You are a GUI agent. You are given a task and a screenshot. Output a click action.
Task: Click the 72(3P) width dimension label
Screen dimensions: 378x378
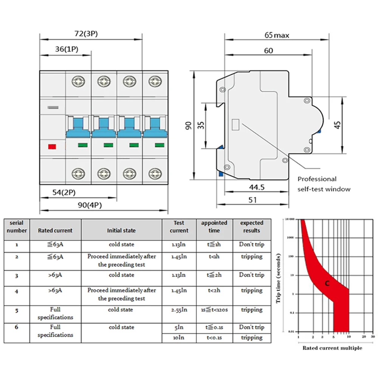point(86,34)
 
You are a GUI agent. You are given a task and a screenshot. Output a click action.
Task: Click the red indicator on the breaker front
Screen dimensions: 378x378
point(53,146)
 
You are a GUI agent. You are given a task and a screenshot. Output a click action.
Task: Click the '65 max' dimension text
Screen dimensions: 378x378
point(277,36)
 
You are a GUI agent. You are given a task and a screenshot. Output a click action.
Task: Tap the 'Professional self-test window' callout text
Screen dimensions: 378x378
point(324,184)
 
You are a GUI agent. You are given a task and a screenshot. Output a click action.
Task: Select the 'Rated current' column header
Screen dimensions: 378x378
point(55,230)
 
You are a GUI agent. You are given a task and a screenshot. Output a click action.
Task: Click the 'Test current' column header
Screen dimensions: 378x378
point(179,227)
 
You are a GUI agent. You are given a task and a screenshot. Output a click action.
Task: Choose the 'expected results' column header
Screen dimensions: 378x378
point(251,227)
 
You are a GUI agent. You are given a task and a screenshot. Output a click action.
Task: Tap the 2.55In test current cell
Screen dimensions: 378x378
point(179,310)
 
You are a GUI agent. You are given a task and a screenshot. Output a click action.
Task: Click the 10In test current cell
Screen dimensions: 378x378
point(179,338)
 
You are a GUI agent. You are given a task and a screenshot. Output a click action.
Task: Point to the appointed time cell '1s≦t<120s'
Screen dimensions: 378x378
point(214,310)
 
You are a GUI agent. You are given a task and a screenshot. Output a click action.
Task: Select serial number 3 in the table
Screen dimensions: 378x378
point(17,276)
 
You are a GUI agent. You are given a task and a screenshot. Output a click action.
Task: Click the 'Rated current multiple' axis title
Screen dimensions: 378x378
point(332,348)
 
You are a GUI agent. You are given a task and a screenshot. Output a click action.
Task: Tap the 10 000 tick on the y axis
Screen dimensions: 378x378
point(290,219)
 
